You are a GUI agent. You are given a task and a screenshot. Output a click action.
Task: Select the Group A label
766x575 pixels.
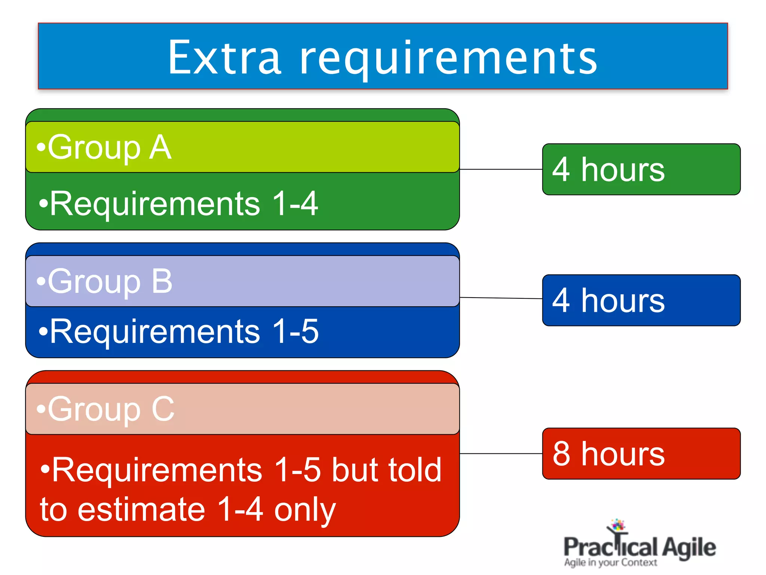(108, 147)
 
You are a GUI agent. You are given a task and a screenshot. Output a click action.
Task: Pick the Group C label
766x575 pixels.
(110, 409)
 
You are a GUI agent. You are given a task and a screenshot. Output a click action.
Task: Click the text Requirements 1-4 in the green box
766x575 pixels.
(183, 204)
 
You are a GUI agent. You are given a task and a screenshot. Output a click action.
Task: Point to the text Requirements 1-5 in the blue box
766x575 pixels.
(183, 331)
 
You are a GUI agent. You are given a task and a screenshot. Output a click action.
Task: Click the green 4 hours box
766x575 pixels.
(641, 169)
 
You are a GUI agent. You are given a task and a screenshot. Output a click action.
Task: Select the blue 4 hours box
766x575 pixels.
(641, 300)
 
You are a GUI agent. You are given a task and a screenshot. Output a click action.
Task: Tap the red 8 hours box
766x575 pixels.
(641, 453)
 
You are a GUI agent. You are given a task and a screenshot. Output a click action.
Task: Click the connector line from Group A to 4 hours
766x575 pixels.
(501, 169)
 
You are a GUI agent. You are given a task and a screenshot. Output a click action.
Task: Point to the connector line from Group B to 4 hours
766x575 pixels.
(501, 298)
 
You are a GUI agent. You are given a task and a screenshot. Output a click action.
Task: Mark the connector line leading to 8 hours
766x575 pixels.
(501, 453)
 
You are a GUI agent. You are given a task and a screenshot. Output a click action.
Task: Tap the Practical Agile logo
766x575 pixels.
(640, 545)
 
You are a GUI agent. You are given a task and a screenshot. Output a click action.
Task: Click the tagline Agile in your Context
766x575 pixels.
(610, 562)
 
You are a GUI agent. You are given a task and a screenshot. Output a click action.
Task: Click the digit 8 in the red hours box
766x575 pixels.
(561, 454)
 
